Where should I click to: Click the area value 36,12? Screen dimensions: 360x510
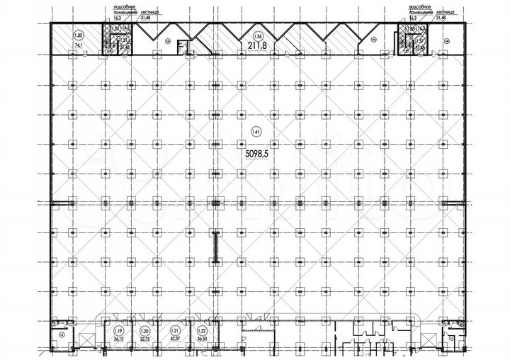coord(118,338)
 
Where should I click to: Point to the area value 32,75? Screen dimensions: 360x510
coord(145,338)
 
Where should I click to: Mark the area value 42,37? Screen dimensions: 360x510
coord(174,338)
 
